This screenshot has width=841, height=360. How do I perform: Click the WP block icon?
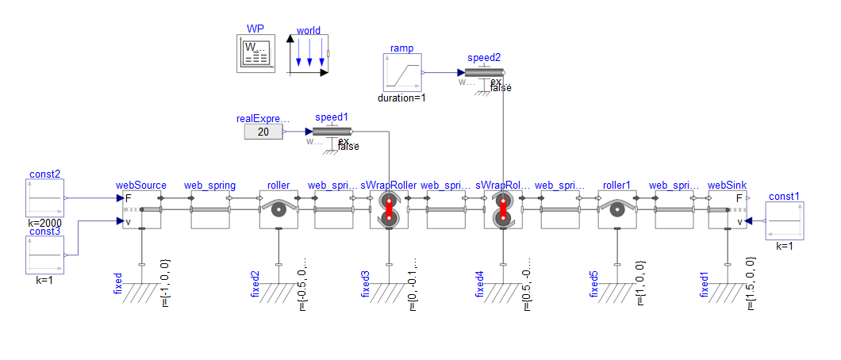pos(255,55)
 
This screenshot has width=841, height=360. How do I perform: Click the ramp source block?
pos(401,73)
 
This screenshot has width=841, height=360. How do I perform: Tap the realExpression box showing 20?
pos(263,132)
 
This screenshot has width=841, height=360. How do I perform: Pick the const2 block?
pos(45,198)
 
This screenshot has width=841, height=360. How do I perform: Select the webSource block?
pos(141,210)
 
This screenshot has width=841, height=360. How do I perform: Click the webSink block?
pos(728,210)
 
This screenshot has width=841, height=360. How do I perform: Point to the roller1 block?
pos(616,210)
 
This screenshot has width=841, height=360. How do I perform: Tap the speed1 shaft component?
pos(332,132)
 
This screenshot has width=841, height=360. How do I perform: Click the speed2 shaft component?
pos(484,73)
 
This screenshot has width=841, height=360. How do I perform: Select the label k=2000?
pos(45,224)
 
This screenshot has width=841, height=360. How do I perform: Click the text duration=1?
pos(401,98)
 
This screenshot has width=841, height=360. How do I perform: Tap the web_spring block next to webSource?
pos(210,210)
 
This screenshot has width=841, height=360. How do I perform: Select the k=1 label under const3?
pos(45,281)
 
